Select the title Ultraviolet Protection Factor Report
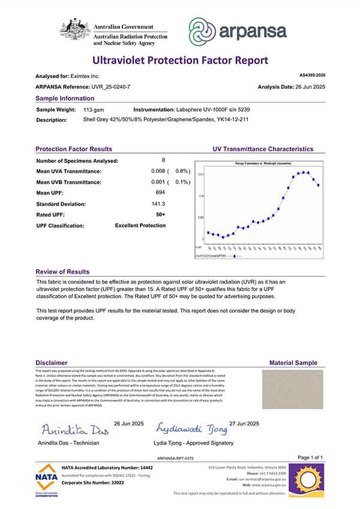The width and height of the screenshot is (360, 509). coord(179,61)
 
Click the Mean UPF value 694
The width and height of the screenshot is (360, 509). coord(160,193)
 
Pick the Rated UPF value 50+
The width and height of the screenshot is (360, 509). coord(160,214)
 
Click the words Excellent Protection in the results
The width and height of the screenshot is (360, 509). coord(140,225)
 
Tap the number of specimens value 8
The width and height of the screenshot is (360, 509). coord(163,160)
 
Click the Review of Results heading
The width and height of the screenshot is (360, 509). coord(62,272)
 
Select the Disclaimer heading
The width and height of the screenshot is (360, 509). coord(52,363)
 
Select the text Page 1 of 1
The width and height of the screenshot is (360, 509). coord(310,457)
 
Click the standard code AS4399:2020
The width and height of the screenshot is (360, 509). coord(312,76)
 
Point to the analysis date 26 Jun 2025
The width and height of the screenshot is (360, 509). coord(308,87)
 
